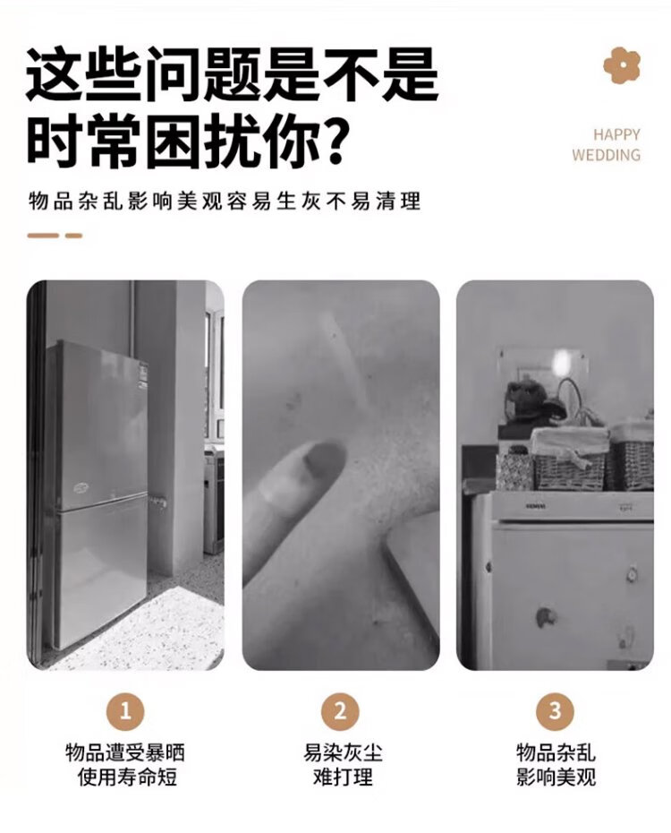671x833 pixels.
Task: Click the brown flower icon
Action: [622, 64]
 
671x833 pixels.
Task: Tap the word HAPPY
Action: [616, 135]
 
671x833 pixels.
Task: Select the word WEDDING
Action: [607, 155]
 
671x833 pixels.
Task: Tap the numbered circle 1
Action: [125, 711]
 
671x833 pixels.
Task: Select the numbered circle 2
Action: [340, 711]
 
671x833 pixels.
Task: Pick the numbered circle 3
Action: [555, 711]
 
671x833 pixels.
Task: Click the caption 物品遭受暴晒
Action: [125, 753]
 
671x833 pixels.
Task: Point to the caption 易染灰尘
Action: [343, 753]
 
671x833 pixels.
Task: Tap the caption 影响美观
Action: [556, 777]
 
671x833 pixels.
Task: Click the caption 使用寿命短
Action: [127, 777]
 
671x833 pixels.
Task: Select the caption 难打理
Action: [343, 777]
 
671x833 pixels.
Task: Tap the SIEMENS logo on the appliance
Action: [536, 506]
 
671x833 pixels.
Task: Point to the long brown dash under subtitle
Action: [43, 236]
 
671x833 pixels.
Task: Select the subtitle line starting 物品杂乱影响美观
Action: [225, 202]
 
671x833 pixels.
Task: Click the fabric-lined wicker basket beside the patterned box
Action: [570, 459]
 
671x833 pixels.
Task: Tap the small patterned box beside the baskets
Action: [514, 470]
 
